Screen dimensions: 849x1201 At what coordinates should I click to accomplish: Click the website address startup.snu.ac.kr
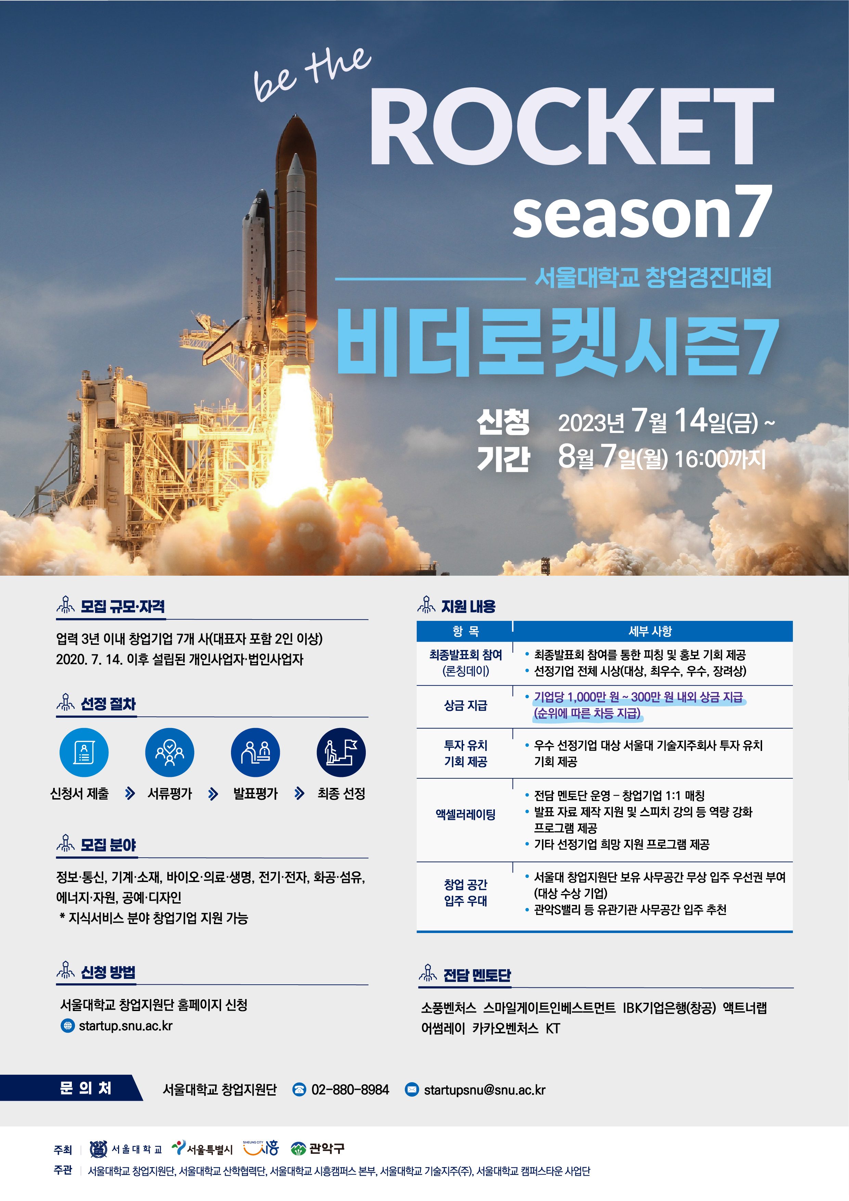coord(126,1026)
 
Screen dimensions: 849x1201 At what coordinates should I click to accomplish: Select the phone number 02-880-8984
coord(350,1089)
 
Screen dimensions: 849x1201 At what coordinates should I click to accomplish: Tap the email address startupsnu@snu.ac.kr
coord(485,1089)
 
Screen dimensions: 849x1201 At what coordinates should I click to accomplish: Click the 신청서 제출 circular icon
coord(84,752)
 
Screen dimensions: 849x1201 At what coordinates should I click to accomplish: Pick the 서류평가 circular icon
coord(169,752)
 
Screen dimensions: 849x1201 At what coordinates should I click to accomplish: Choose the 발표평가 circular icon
coord(255,752)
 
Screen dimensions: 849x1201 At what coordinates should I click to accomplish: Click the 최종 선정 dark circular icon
coord(341,752)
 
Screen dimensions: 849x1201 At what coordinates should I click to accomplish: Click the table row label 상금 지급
coord(465,706)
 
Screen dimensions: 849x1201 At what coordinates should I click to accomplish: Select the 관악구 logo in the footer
coord(318,1149)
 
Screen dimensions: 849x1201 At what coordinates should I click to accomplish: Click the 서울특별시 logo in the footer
coord(202,1148)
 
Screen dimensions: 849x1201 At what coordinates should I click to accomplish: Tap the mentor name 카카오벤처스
coord(505,1028)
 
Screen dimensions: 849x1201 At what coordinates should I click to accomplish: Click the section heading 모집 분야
coord(108,845)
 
